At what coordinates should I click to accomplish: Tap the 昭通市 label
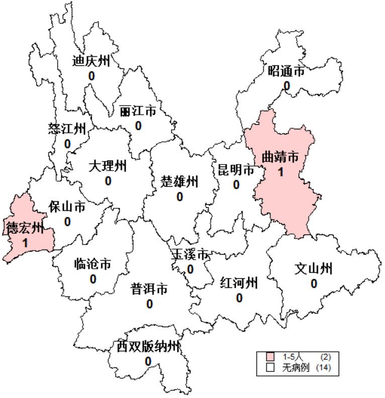click(286, 71)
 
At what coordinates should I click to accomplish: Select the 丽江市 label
click(138, 111)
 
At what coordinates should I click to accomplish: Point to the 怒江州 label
click(67, 129)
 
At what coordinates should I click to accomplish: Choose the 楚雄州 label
click(179, 181)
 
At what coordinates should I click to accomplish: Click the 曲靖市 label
click(280, 157)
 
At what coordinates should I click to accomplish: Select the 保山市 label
click(67, 207)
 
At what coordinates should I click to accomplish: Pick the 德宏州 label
click(25, 228)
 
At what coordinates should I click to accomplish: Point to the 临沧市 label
click(92, 264)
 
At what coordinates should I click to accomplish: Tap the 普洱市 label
click(149, 289)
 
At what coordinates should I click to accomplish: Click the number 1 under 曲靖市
click(280, 172)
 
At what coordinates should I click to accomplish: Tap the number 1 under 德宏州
click(25, 243)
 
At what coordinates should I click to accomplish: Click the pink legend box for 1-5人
click(270, 357)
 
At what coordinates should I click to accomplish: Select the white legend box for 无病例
click(270, 367)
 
